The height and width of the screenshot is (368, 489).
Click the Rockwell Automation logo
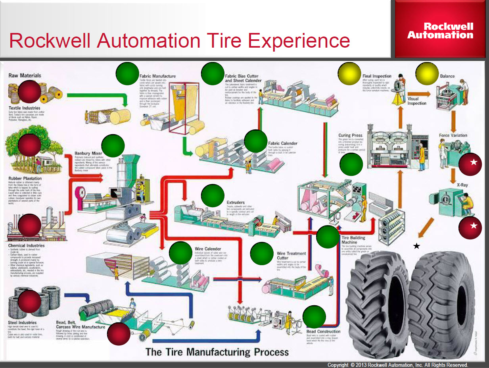[x=440, y=31]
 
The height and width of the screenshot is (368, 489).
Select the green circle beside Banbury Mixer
[x=113, y=146]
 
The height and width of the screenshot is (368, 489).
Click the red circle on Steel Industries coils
[x=29, y=301]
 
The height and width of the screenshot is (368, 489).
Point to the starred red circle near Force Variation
[x=470, y=164]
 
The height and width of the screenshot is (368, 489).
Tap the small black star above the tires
[x=416, y=247]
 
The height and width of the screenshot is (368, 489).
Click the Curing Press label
[x=351, y=135]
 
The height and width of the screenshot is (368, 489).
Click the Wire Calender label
[x=205, y=249]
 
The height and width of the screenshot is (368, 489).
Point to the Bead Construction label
[x=323, y=331]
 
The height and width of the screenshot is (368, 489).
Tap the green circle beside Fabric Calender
[x=256, y=141]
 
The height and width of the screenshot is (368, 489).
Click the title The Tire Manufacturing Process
[x=217, y=352]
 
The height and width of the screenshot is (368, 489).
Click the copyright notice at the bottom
[x=397, y=365]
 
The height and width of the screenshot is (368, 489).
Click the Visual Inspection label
[x=416, y=101]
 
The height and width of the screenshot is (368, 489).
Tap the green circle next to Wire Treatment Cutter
[x=262, y=254]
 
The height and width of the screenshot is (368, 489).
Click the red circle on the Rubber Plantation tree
[x=29, y=145]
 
